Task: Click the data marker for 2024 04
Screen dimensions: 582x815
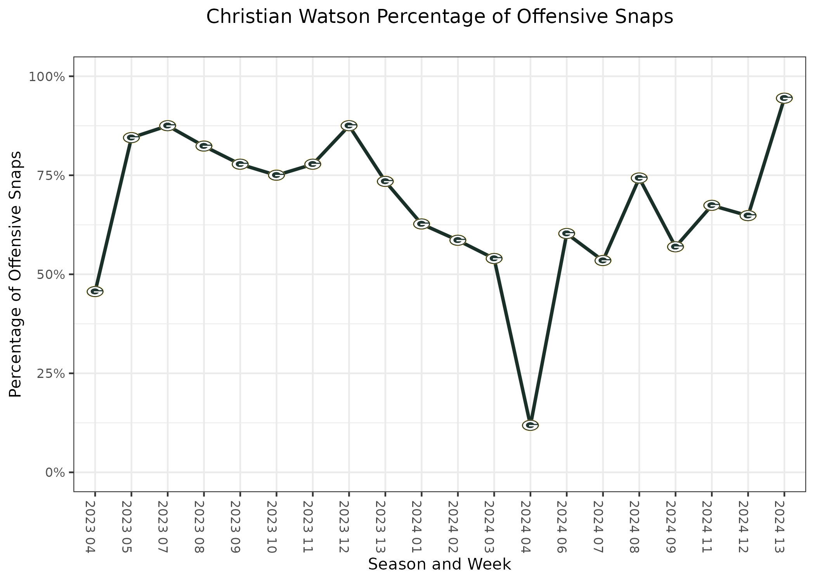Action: (530, 425)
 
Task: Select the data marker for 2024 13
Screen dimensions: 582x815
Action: (784, 98)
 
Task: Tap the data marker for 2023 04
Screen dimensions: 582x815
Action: (95, 291)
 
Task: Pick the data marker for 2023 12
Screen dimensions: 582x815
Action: (349, 126)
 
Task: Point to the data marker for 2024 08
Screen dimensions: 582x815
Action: (639, 178)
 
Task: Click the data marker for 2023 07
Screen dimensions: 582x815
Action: (168, 126)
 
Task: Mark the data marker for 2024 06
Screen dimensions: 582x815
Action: (566, 233)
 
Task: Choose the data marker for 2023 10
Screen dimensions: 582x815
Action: (276, 175)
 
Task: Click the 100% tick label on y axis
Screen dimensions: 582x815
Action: (46, 76)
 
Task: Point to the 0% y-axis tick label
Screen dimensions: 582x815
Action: (54, 473)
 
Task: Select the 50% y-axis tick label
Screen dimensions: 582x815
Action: (50, 275)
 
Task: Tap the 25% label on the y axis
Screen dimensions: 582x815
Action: (50, 374)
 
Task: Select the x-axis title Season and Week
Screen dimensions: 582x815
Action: (439, 565)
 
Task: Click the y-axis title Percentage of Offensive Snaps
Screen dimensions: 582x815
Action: (16, 274)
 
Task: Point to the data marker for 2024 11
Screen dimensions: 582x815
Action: (711, 205)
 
